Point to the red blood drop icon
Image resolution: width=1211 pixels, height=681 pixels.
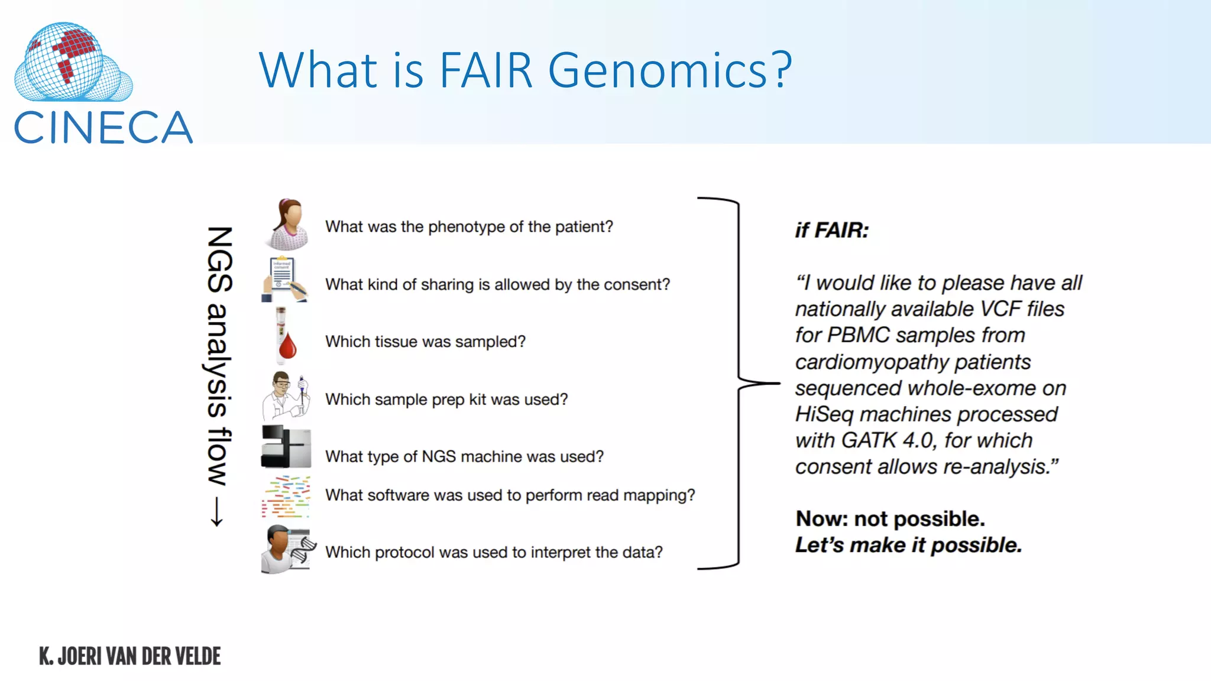(287, 346)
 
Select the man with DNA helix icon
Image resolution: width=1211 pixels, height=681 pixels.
(288, 549)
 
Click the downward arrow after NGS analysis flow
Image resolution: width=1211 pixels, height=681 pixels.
(217, 511)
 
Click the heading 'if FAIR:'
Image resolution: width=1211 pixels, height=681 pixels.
(831, 231)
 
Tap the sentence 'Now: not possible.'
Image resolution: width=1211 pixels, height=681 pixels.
(890, 519)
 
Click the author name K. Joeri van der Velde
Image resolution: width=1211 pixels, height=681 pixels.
(130, 656)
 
